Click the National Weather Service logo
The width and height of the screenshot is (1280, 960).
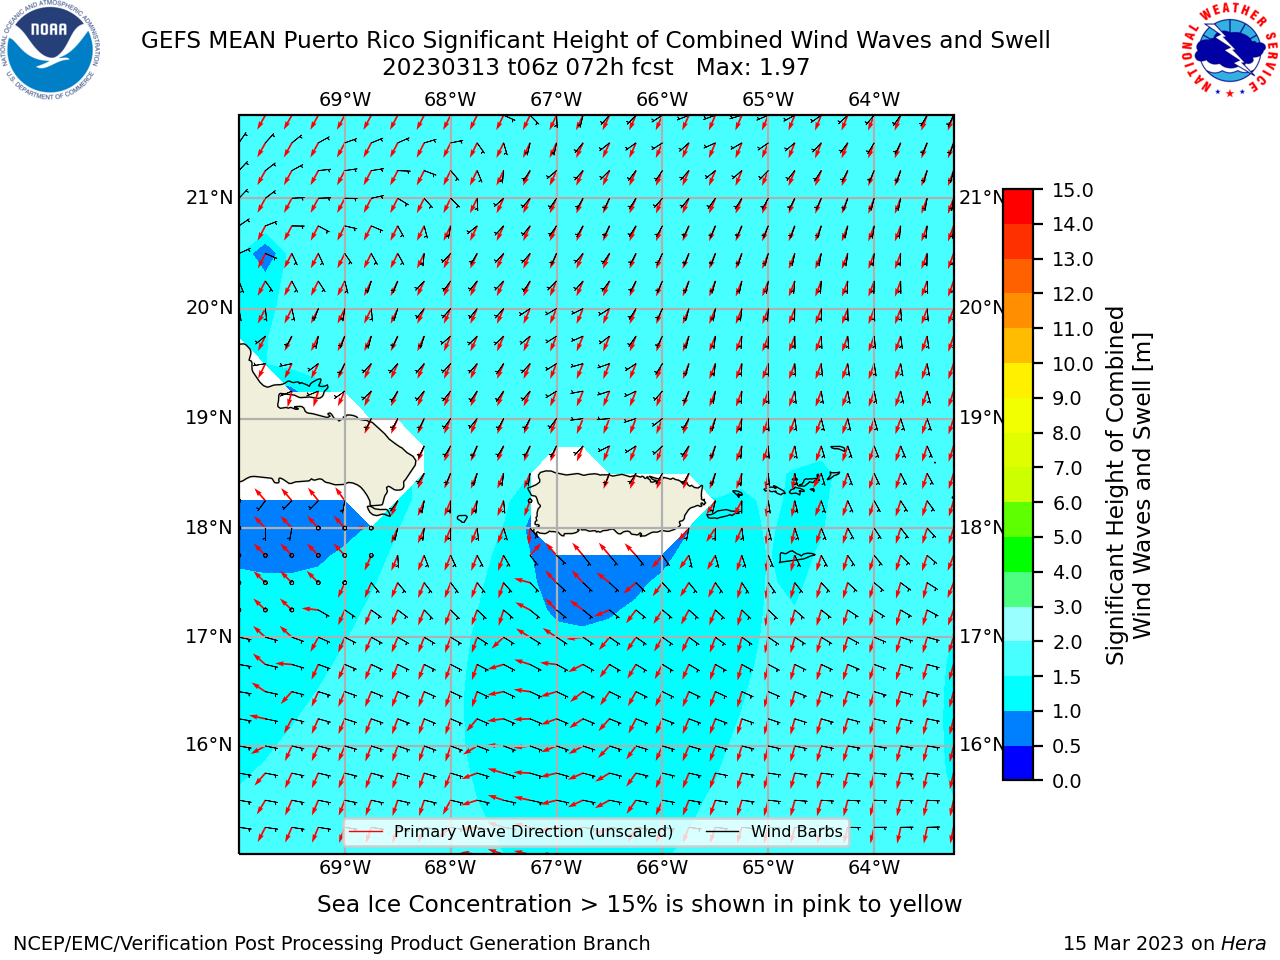pos(1229,50)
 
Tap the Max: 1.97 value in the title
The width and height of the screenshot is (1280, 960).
pos(752,68)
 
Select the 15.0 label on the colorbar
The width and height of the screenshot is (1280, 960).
pos(1072,191)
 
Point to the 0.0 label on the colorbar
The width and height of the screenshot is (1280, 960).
pos(1066,781)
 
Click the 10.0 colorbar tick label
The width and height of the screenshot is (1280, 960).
pos(1072,364)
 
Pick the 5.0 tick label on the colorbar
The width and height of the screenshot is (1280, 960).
pos(1066,537)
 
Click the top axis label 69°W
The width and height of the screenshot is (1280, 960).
pos(345,100)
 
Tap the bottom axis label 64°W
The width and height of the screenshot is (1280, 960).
pos(874,867)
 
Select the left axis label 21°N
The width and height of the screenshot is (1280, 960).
pos(209,198)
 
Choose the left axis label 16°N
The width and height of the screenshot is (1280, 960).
pos(209,745)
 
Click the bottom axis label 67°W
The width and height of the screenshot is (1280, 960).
pos(556,867)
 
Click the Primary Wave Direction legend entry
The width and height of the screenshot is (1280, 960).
pos(512,832)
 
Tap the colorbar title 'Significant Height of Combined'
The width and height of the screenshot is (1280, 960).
pos(1115,486)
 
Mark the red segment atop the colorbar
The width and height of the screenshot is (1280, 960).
pos(1018,207)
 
